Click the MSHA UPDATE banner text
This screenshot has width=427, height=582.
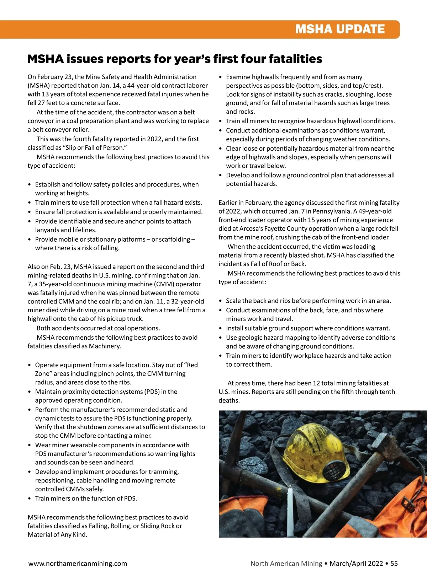click(x=340, y=29)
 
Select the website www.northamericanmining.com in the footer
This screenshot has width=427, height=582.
click(x=78, y=564)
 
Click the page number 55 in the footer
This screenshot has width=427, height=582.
click(x=394, y=564)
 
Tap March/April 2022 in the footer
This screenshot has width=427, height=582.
click(x=356, y=564)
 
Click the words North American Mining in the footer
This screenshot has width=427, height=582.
click(x=286, y=564)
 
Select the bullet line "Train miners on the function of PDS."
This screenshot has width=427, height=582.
click(x=86, y=499)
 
